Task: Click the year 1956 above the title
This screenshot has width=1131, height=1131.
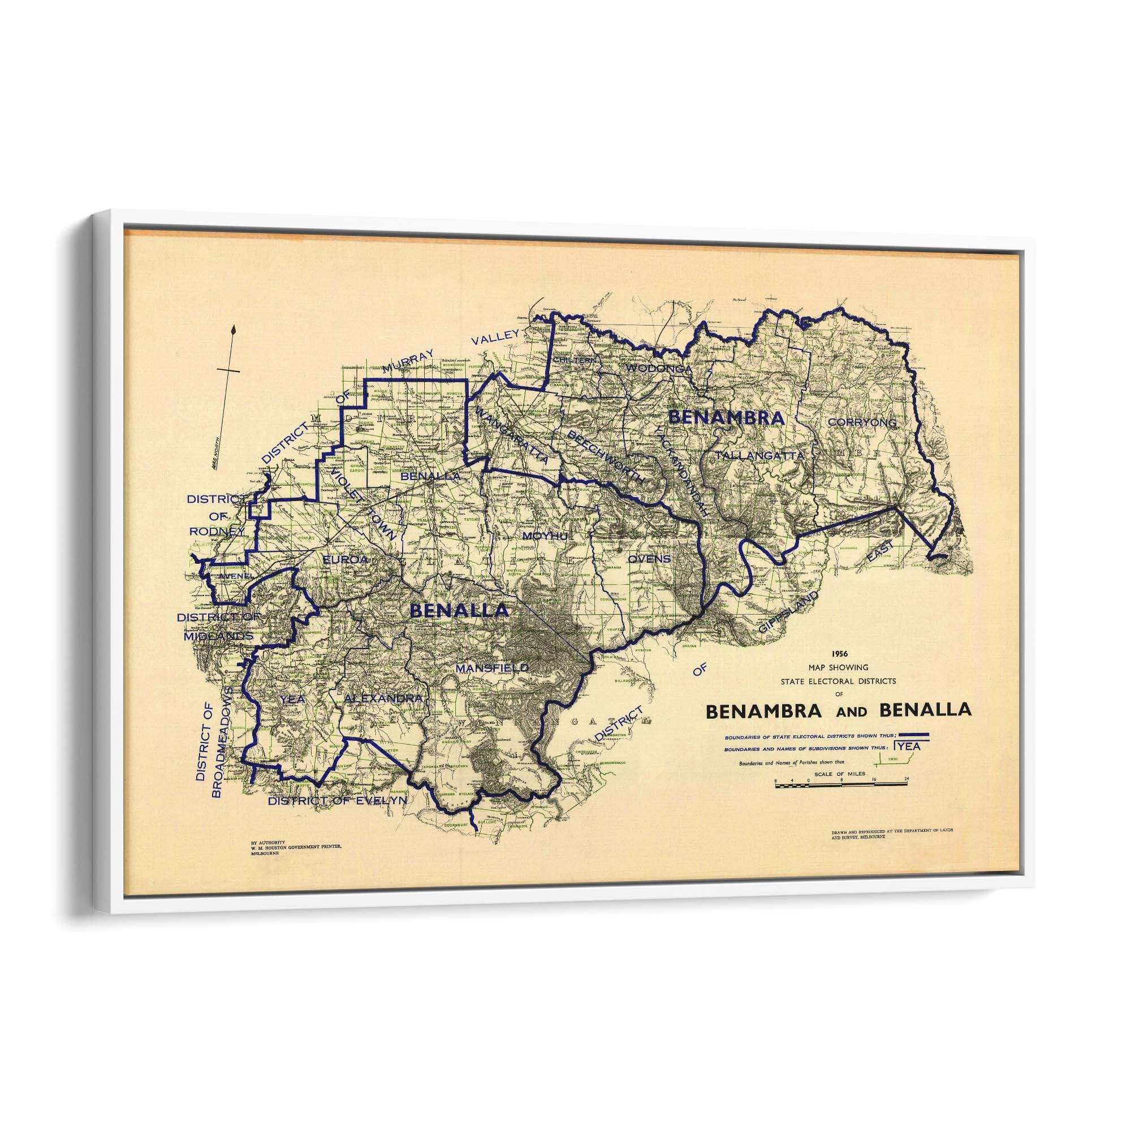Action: point(838,653)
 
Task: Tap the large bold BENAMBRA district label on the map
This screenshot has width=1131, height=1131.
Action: point(726,418)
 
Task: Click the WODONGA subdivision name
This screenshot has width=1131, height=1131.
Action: point(659,368)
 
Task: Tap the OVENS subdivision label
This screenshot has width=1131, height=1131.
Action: point(649,559)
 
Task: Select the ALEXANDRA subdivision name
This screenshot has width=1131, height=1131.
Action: point(383,698)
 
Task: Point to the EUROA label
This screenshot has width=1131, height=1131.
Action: point(346,560)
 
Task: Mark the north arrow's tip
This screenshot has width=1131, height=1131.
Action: point(234,329)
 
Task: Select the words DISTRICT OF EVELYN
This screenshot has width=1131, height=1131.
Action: point(336,801)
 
